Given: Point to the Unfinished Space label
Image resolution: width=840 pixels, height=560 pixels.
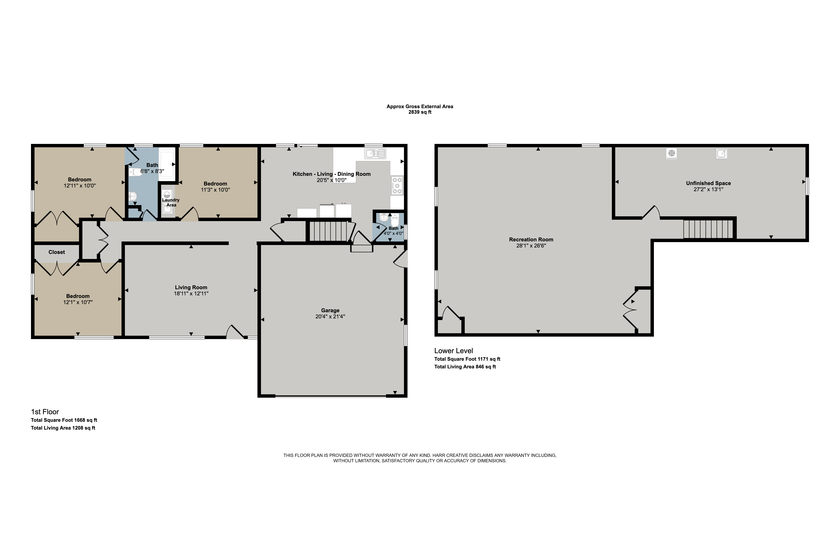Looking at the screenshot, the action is click(x=708, y=183).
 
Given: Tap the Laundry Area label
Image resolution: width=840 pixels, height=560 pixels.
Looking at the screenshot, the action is click(x=171, y=203).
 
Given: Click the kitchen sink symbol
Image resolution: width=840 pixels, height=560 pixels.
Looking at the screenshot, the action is click(x=375, y=154).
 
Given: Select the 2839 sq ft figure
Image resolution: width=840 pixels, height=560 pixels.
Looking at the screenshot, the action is click(x=420, y=112).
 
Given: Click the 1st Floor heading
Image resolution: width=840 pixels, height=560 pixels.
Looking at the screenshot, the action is click(x=45, y=412).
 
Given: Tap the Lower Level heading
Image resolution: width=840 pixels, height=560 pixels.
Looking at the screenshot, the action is click(x=454, y=351).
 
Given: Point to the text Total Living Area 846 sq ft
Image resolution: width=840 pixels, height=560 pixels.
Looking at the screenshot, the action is click(x=465, y=367).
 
